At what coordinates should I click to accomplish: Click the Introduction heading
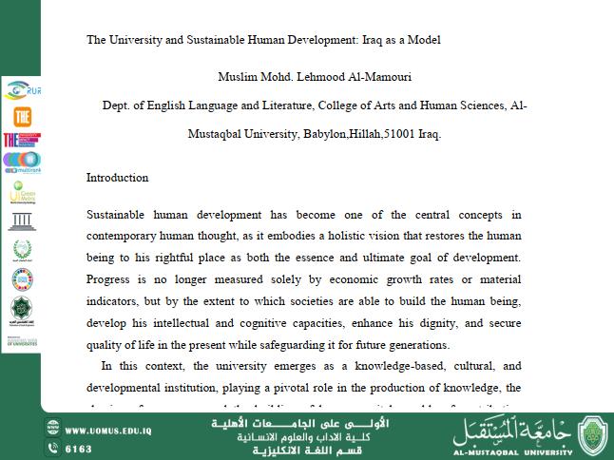coord(117,178)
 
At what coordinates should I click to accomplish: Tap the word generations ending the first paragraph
coord(415,346)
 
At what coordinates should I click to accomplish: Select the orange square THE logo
coord(21,116)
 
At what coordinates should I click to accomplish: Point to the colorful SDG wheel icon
coord(21,279)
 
